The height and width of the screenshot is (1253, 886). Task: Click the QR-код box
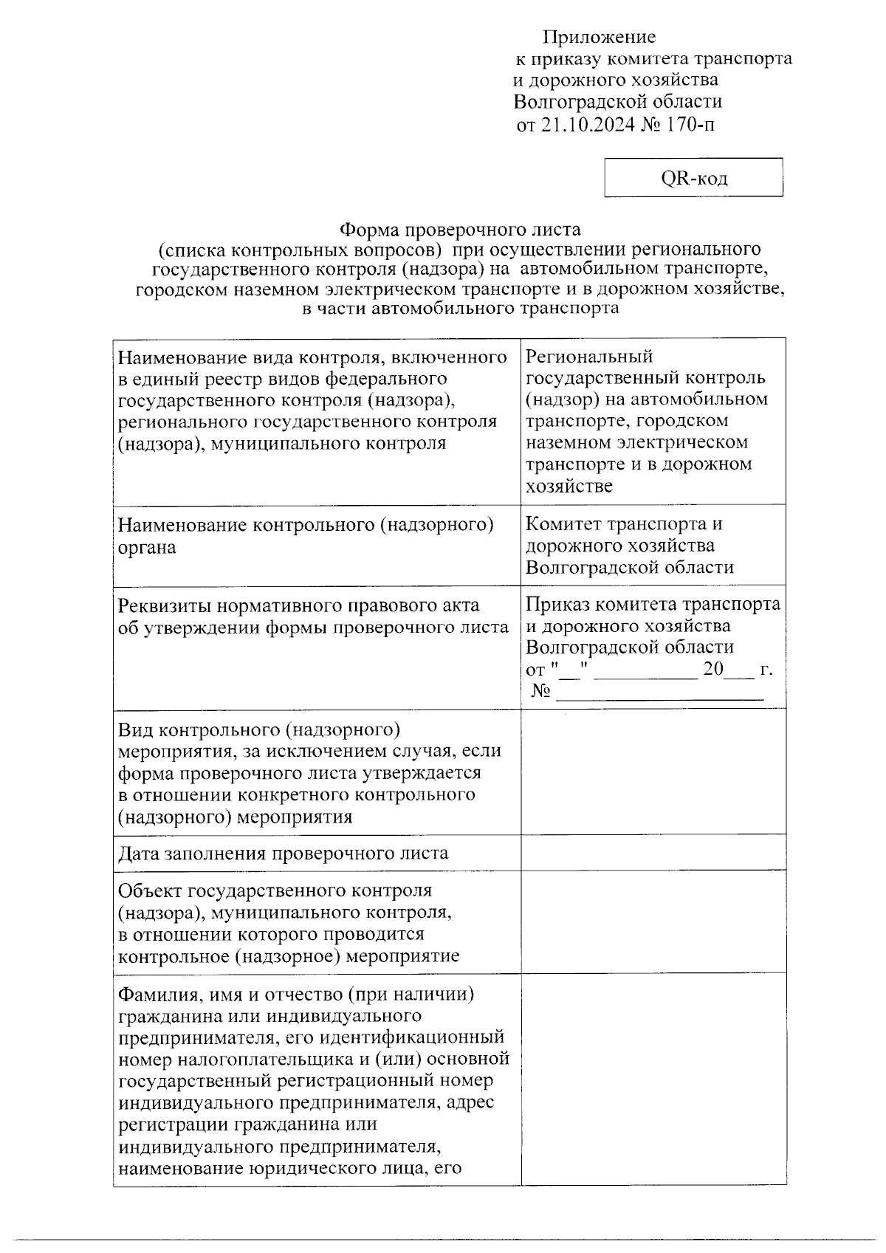(x=693, y=178)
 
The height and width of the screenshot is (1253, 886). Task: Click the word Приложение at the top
(x=599, y=37)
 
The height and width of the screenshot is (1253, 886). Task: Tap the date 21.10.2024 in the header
(x=588, y=124)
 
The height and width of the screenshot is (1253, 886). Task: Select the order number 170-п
(x=690, y=124)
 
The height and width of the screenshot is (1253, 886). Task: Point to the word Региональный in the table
(x=589, y=357)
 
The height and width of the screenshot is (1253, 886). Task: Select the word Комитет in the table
(x=563, y=524)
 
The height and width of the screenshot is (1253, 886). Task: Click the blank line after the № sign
(x=659, y=693)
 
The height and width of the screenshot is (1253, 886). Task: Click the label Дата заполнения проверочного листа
(x=283, y=854)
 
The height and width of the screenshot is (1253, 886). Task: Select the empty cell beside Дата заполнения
(x=653, y=853)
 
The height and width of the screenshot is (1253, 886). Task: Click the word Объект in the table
(x=151, y=890)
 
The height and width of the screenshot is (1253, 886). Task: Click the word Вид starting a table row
(x=134, y=730)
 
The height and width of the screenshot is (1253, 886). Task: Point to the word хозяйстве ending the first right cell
(x=569, y=486)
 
